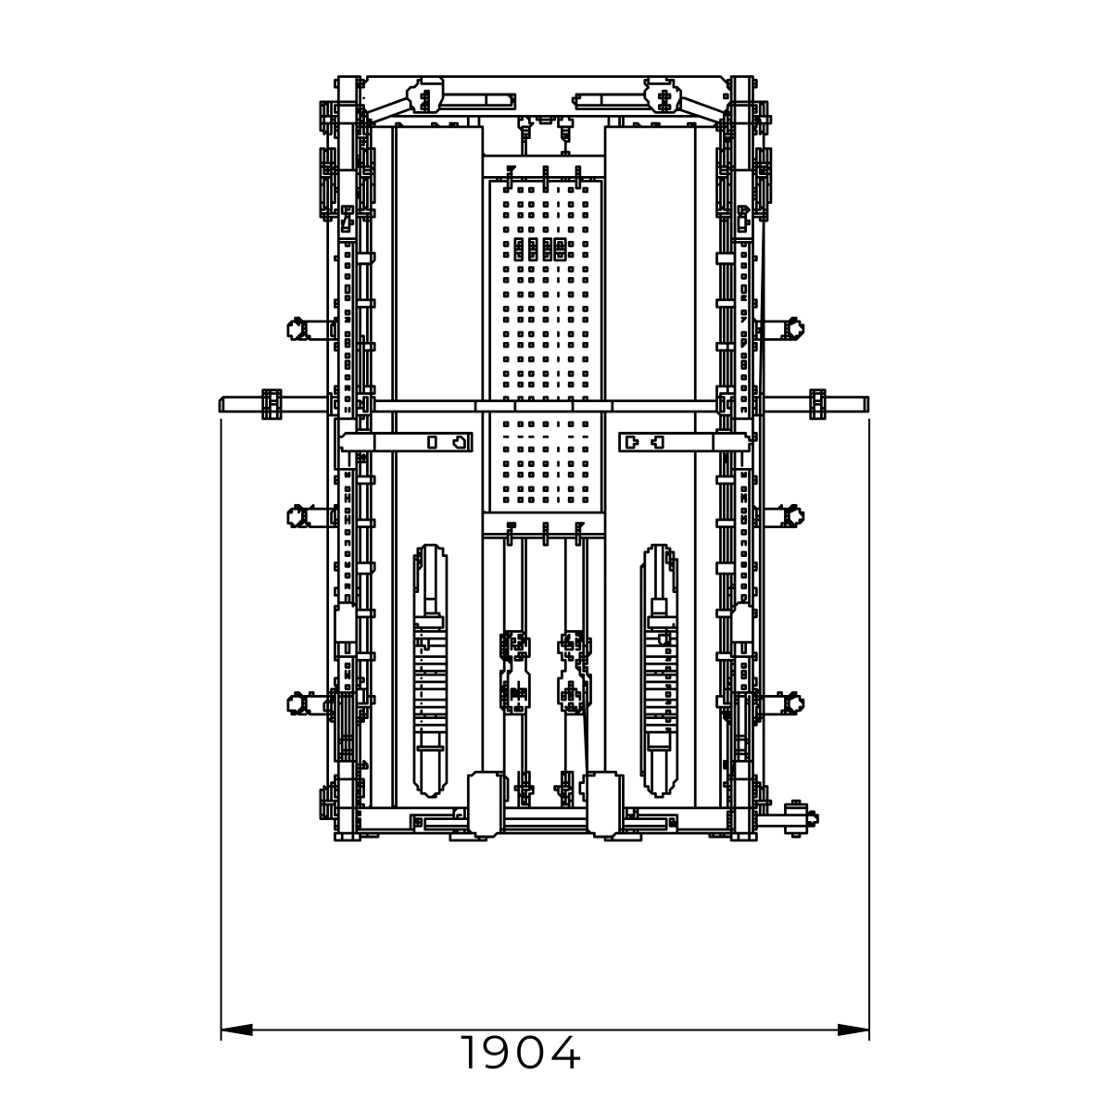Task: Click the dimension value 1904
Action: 521,1053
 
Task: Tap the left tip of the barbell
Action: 220,404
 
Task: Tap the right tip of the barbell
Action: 868,404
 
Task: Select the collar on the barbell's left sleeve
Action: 272,404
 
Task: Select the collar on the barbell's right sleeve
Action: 817,404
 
